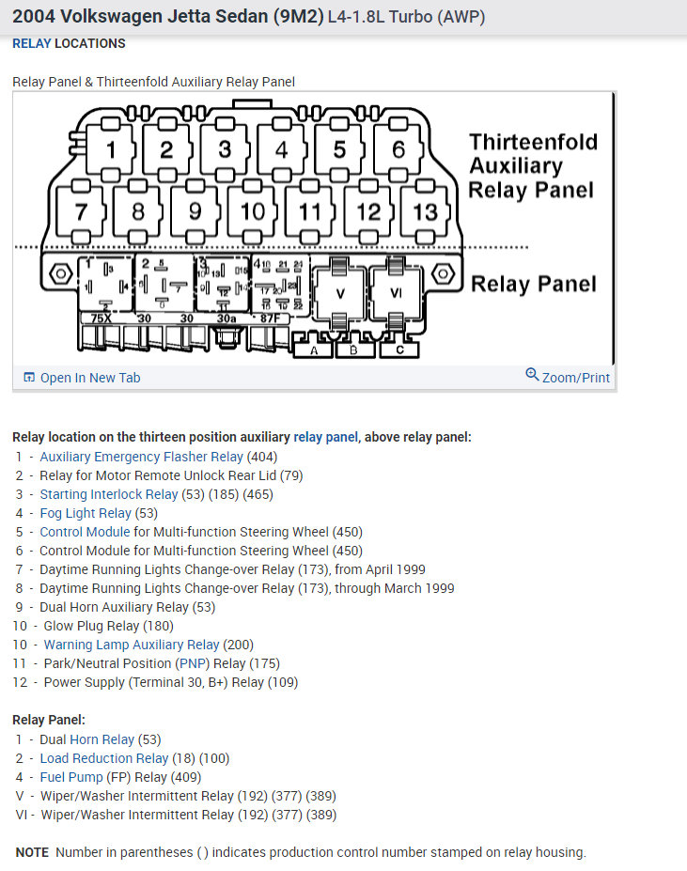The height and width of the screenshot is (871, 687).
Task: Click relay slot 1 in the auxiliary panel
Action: click(111, 149)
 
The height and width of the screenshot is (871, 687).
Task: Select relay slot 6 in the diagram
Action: click(398, 149)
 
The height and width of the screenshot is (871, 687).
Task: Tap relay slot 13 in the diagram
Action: click(425, 210)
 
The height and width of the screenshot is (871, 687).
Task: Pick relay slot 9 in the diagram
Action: click(195, 210)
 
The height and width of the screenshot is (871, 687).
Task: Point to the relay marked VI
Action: click(396, 292)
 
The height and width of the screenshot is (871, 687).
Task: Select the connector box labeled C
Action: click(400, 350)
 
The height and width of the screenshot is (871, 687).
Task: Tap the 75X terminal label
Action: click(100, 319)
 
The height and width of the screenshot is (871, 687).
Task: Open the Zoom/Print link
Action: click(568, 377)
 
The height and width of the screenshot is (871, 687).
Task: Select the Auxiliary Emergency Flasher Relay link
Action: click(141, 457)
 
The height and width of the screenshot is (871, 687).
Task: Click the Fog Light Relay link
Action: click(86, 513)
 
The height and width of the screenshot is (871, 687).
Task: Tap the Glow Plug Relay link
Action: click(91, 626)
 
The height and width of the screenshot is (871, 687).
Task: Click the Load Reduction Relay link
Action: click(104, 758)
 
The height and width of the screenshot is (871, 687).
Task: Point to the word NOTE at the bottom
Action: click(32, 852)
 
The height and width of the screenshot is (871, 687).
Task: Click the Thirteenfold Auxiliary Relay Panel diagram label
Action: click(532, 166)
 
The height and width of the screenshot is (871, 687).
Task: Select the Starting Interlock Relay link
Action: click(109, 494)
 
